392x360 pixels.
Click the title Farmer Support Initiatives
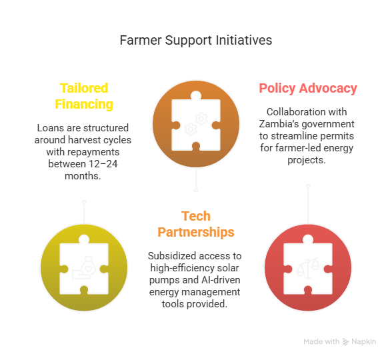196,41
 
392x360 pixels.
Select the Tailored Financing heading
84,96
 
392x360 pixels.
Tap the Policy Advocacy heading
308,88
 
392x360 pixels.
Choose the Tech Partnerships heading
196,224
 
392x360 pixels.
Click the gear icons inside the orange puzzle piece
196,124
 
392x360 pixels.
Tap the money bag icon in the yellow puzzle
84,268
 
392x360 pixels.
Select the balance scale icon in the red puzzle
308,268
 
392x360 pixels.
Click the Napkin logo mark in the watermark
345,342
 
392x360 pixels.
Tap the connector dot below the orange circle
196,191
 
